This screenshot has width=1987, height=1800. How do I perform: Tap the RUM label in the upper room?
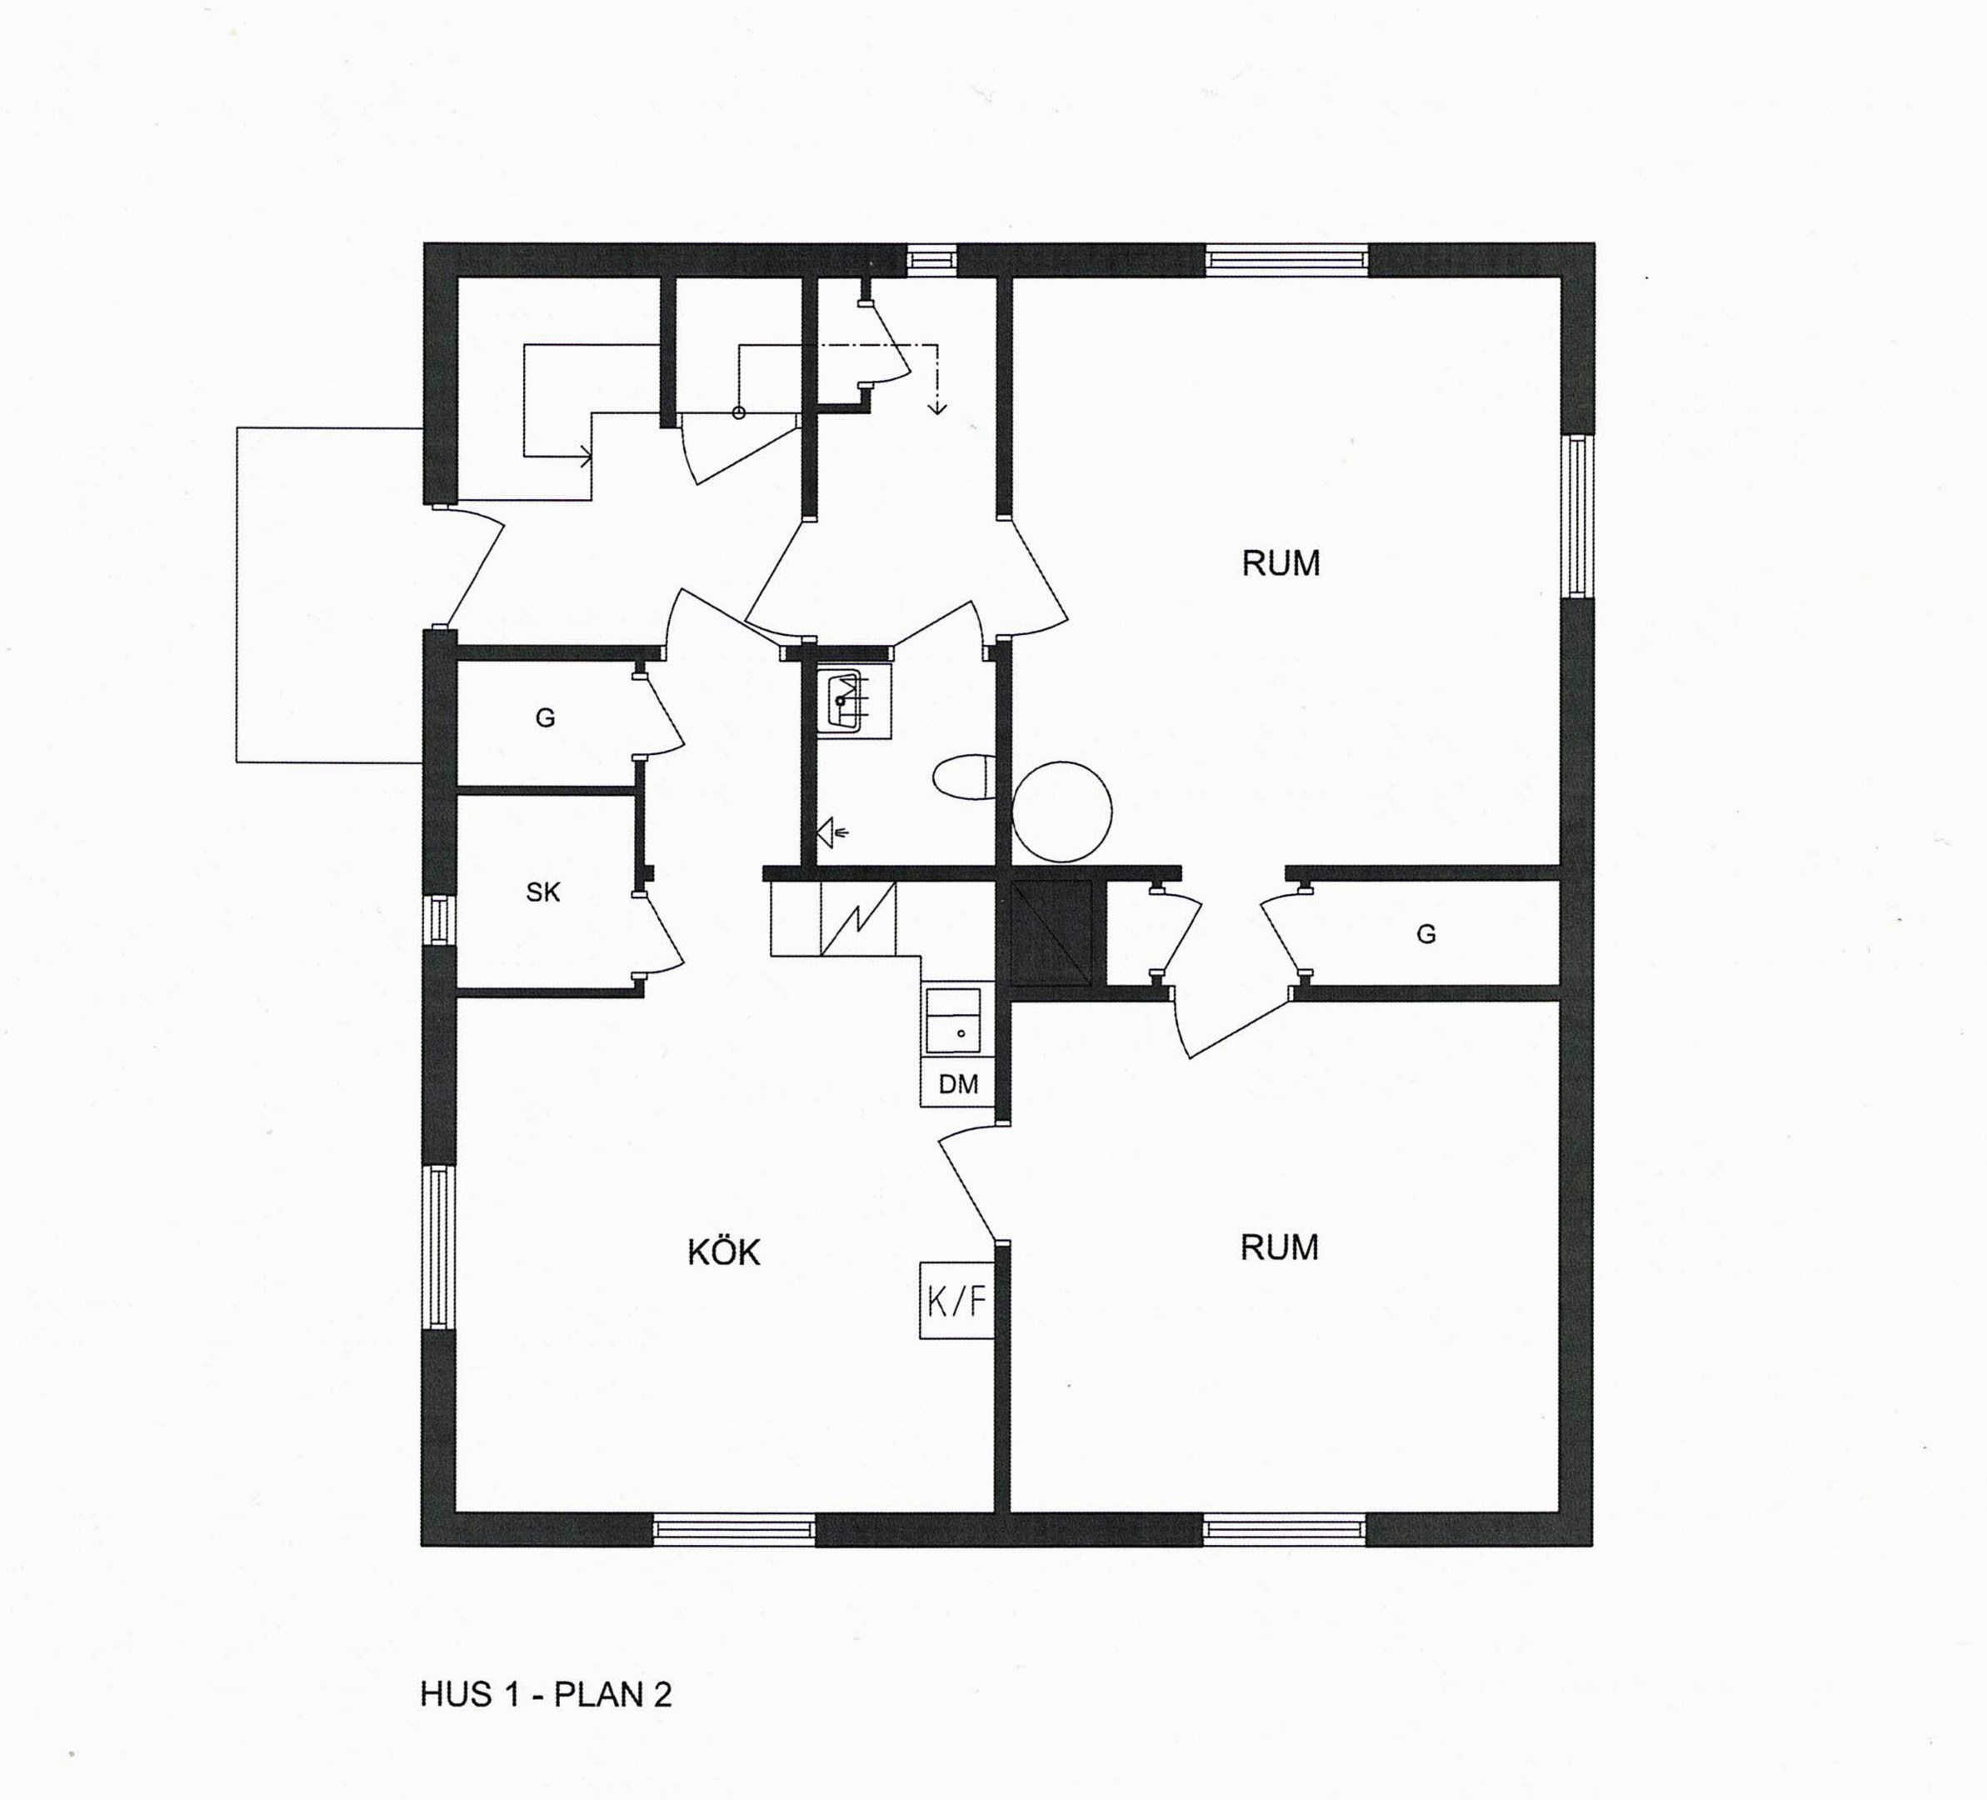point(1281,562)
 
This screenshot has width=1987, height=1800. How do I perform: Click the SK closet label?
point(543,892)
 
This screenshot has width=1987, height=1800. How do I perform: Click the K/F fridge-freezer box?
point(956,1300)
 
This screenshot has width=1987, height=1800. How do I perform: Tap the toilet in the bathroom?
point(964,777)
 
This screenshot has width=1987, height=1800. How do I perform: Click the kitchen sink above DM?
point(953,1021)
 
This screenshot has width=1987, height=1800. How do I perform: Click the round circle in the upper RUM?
point(1061,812)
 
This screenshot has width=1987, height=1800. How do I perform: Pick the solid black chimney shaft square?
point(1051,932)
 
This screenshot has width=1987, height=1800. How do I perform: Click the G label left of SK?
point(545,717)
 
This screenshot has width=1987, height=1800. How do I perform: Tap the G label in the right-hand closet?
point(1425,933)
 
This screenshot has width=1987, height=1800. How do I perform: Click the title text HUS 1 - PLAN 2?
point(546,1693)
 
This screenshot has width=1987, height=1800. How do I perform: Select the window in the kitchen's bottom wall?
point(734,1529)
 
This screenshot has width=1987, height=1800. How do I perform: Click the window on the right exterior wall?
point(1577,517)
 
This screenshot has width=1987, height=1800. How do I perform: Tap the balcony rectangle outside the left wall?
point(330,594)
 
